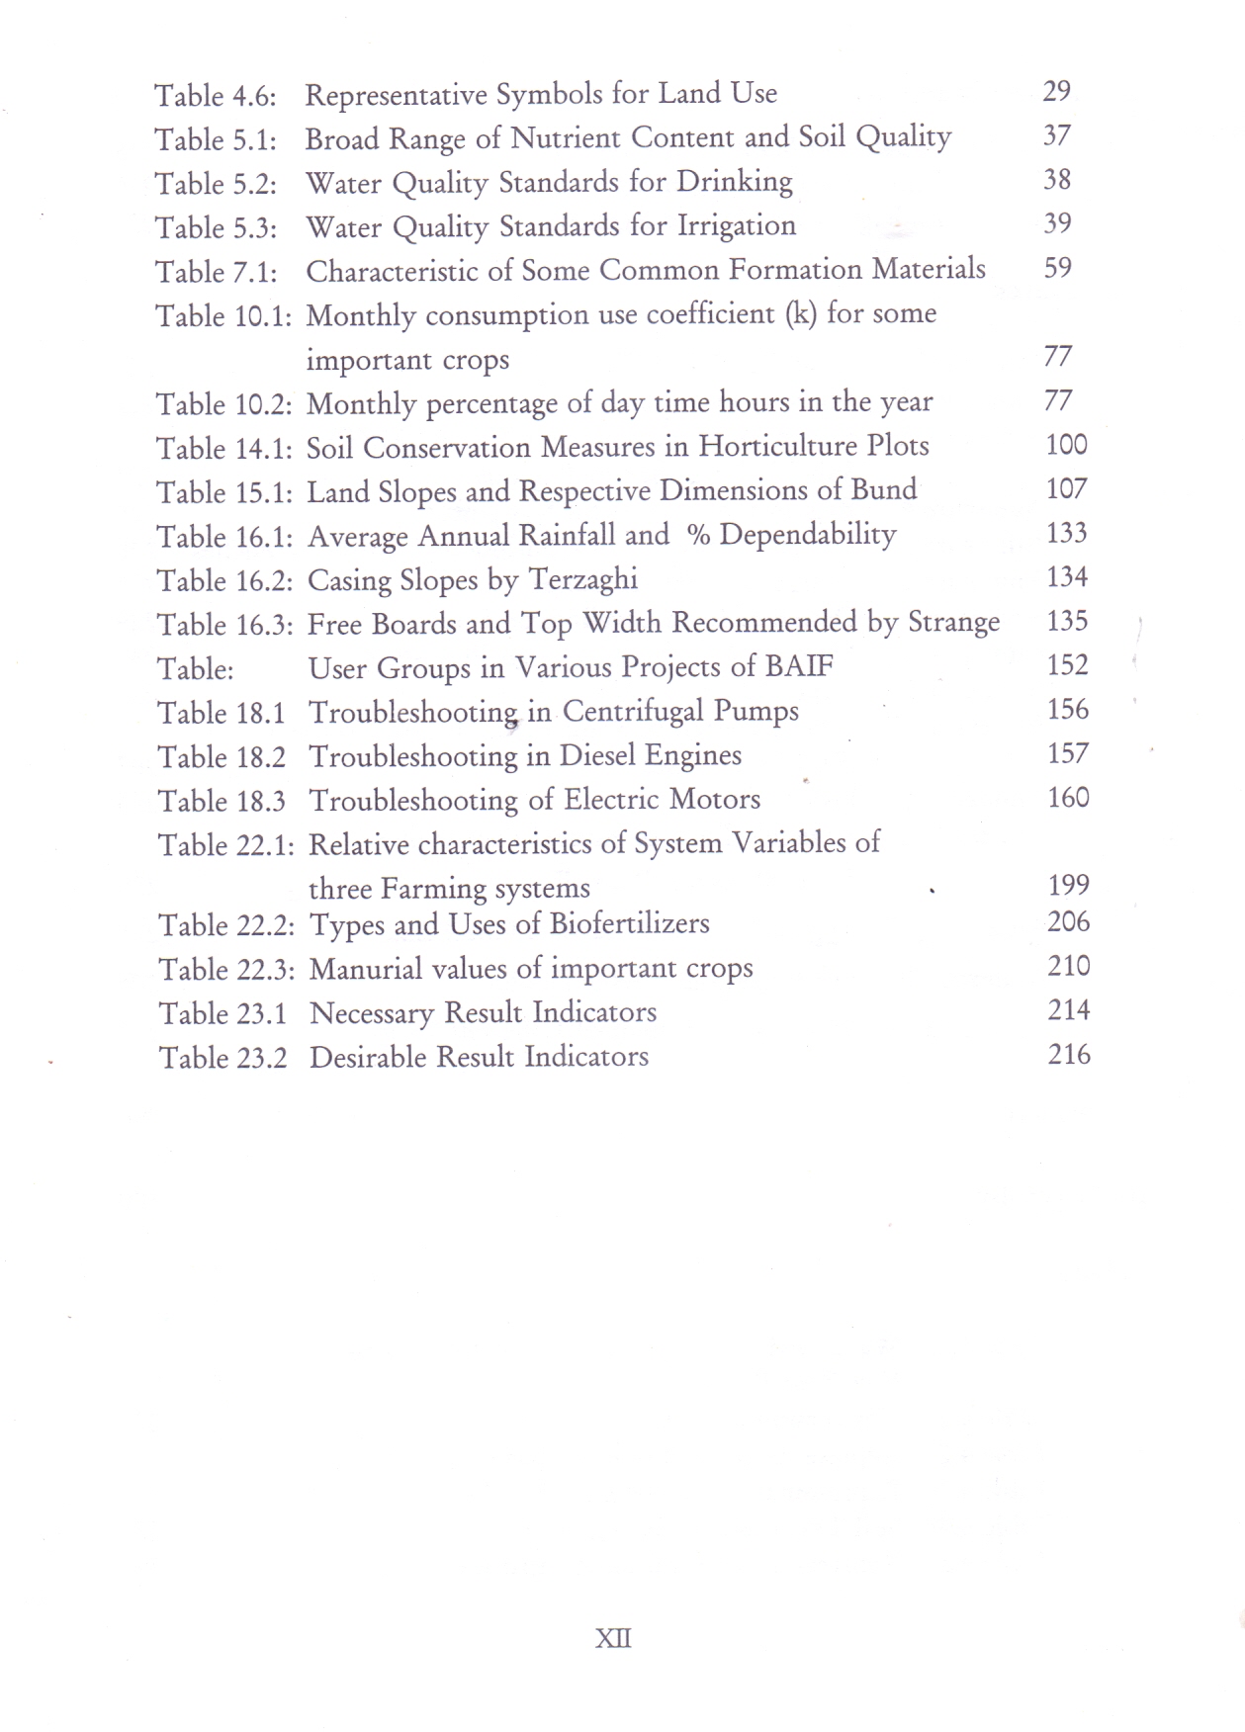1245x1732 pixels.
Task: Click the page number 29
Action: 1056,91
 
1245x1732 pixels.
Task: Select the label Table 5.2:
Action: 215,184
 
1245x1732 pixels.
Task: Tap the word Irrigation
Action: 736,226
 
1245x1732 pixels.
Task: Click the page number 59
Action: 1057,268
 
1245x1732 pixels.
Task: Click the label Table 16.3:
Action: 224,625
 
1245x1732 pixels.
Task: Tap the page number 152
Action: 1067,665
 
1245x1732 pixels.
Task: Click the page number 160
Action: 1068,798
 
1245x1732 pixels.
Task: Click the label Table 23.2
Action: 222,1058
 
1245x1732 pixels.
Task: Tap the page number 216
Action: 1069,1055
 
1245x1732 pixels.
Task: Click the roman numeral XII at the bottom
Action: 613,1638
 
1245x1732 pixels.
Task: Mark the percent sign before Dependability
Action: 698,535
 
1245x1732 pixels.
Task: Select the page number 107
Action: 1066,489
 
